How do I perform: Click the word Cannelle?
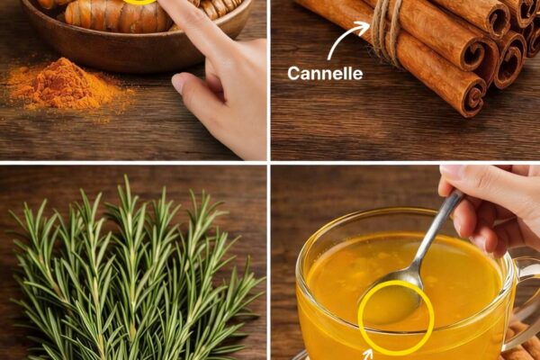click(325, 74)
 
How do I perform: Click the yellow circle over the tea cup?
click(396, 318)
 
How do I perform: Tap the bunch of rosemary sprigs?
click(134, 272)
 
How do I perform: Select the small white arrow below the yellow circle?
click(368, 355)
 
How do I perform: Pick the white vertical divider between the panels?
click(268, 180)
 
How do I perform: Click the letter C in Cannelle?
click(293, 74)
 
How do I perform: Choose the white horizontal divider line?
click(270, 163)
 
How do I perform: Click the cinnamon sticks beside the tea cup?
click(520, 345)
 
